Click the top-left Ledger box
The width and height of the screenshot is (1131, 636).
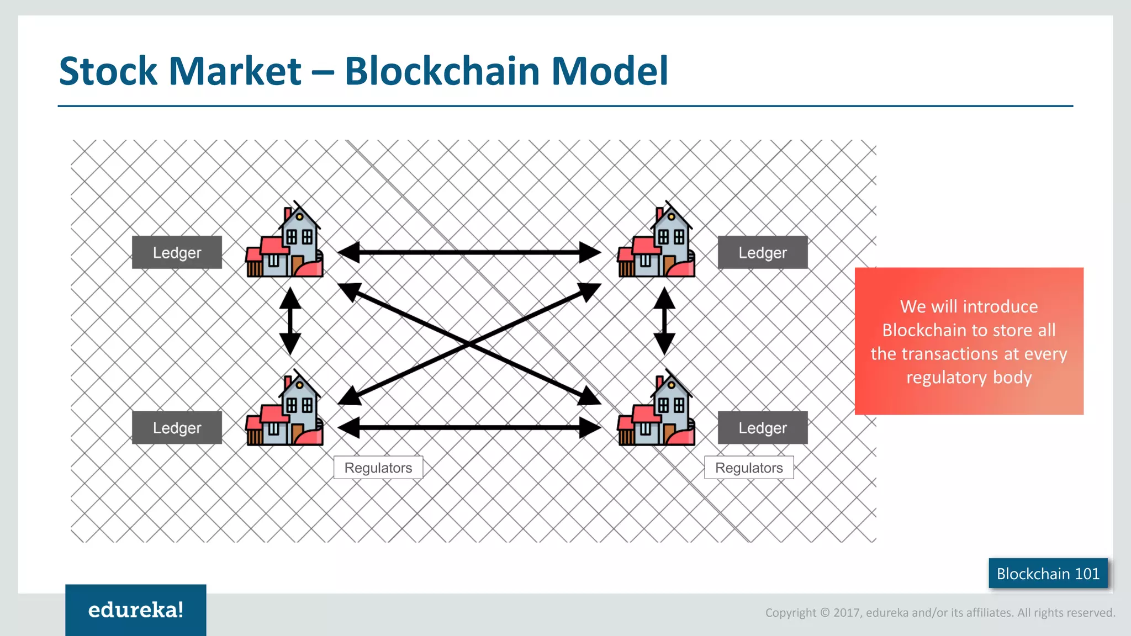[x=177, y=252]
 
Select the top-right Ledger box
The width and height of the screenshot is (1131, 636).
[x=762, y=252]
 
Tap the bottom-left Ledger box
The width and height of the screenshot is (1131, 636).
[x=177, y=427]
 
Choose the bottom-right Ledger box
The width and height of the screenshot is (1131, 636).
[x=762, y=427]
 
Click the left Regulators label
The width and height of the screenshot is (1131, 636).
[x=378, y=468]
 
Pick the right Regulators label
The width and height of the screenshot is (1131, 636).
[x=749, y=468]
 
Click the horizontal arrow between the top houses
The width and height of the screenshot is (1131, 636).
[x=469, y=252]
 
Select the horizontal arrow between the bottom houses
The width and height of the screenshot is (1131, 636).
[x=469, y=427]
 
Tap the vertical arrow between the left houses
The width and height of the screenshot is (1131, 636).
[x=290, y=321]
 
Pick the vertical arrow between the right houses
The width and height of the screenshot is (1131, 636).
[x=664, y=321]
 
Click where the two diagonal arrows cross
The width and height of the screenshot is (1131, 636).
[x=469, y=344]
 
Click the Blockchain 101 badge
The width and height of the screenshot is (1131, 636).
[x=1048, y=574]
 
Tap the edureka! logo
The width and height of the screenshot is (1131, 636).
[x=136, y=610]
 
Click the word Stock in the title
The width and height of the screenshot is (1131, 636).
[x=108, y=71]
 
